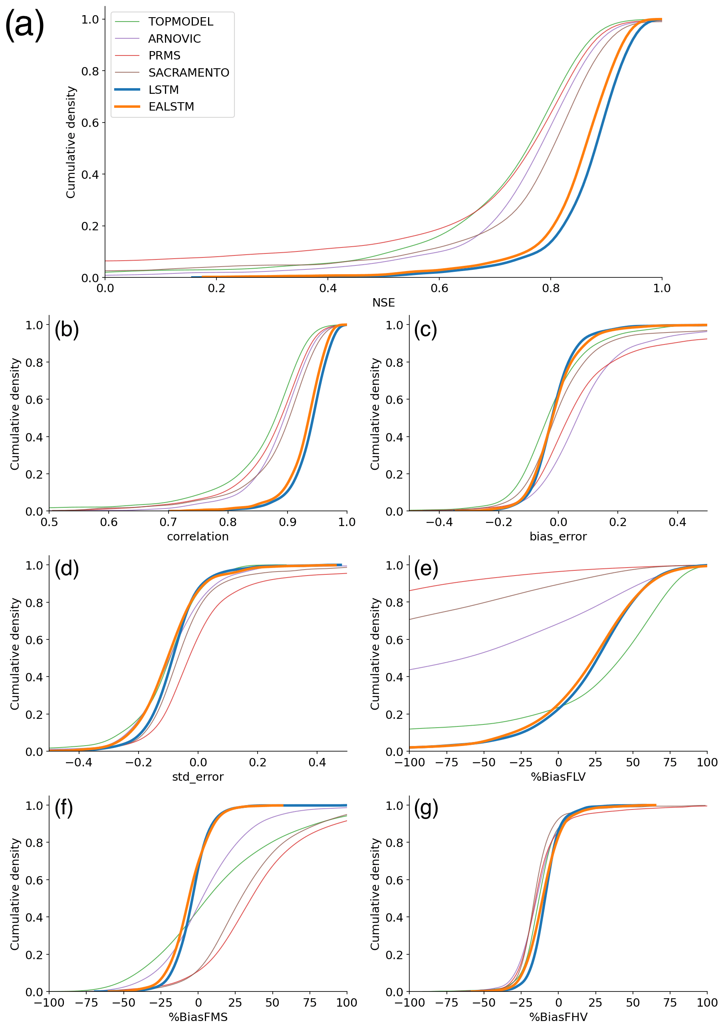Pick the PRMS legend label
point(164,55)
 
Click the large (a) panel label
point(25,24)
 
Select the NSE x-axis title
point(383,303)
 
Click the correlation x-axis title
point(198,536)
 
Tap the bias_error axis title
point(558,536)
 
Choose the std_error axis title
point(198,776)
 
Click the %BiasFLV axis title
point(558,776)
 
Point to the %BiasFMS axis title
point(198,1017)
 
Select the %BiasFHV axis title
point(558,1017)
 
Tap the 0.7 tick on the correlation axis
point(168,522)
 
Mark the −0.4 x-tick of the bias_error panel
point(438,522)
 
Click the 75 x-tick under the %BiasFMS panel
point(309,1002)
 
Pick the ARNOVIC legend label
point(175,38)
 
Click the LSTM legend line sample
point(127,89)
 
